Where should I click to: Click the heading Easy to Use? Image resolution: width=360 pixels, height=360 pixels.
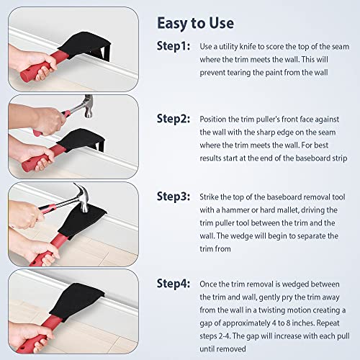tap(195, 23)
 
